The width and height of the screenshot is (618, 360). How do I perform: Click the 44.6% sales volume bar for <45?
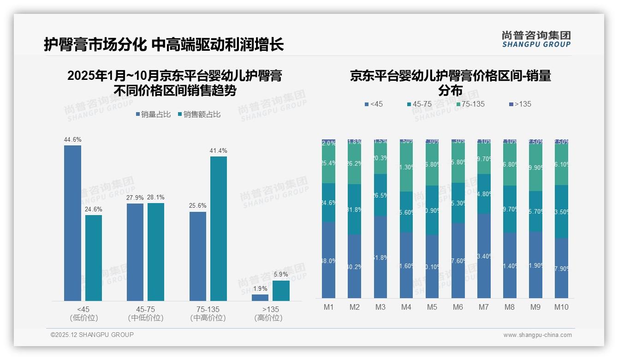pos(72,223)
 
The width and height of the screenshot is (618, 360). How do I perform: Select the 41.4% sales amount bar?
pos(219,228)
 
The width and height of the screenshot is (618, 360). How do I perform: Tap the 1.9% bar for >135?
pos(260,298)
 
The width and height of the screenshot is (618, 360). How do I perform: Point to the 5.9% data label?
pos(281,275)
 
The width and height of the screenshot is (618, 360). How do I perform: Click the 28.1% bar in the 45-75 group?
pos(156,252)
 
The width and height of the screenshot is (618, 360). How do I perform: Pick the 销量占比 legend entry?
pos(154,114)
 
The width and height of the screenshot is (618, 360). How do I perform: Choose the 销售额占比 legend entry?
pos(199,114)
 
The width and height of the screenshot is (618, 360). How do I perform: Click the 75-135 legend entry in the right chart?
pos(470,104)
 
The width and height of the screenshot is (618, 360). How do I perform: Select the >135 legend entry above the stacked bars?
pos(520,104)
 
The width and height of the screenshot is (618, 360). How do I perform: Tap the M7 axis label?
pos(483,307)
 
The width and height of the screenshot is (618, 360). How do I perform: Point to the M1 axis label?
pos(328,307)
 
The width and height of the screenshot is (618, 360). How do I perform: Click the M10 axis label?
pos(561,307)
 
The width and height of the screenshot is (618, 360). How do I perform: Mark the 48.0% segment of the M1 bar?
pos(328,260)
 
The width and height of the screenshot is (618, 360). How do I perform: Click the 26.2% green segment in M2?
pos(354,164)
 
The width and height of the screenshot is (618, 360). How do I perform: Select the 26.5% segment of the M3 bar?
pos(380,195)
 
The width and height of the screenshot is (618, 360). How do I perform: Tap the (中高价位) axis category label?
pos(208,318)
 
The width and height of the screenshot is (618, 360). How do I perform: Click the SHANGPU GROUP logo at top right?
pos(536,39)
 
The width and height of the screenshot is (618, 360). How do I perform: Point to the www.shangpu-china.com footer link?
pos(537,335)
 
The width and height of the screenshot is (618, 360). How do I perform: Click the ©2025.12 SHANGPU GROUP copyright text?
pos(92,335)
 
